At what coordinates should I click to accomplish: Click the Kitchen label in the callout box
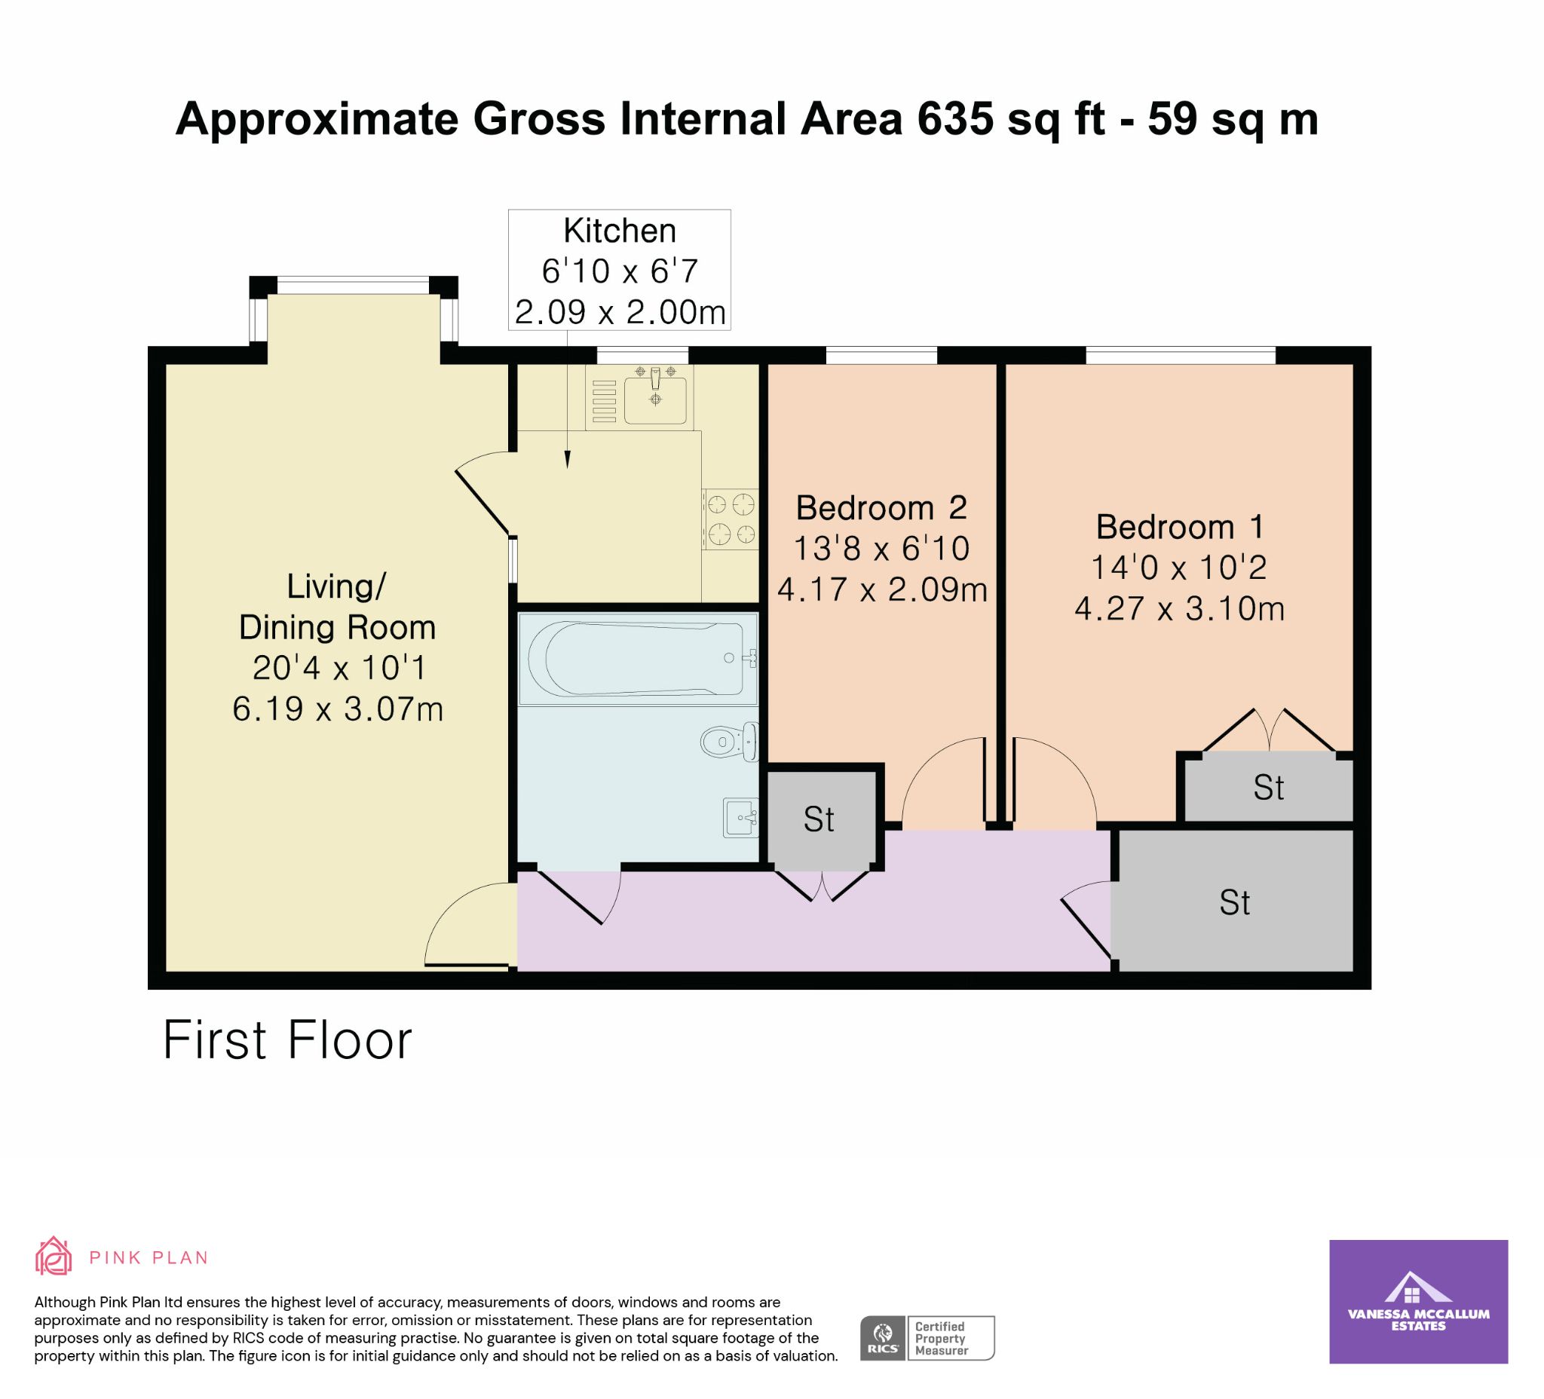(620, 231)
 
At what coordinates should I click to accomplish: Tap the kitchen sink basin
(655, 395)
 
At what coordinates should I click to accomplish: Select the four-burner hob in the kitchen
(731, 519)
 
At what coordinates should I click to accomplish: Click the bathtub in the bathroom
(638, 659)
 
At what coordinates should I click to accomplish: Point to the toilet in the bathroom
(729, 741)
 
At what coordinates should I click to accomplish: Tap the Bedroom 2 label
(881, 508)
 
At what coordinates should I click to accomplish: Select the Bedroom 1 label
(1179, 527)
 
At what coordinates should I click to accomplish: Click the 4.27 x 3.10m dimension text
(1179, 609)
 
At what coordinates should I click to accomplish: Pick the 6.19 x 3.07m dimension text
(338, 709)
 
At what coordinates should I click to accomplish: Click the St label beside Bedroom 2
(819, 820)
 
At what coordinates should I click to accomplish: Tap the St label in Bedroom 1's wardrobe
(1268, 788)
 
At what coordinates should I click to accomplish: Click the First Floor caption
(288, 1040)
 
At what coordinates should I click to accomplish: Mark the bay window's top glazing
(353, 286)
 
